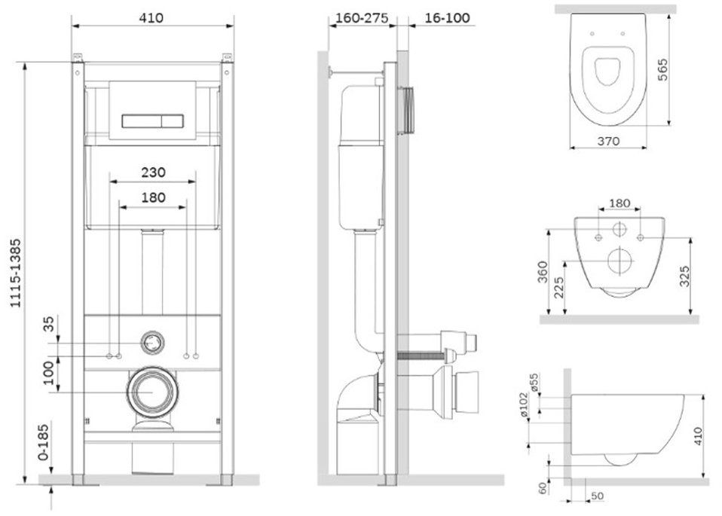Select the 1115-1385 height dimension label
[16, 273]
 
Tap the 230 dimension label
[153, 173]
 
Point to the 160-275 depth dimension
[362, 18]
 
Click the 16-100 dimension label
[447, 18]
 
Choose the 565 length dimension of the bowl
[662, 69]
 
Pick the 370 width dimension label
[608, 142]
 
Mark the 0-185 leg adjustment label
[43, 442]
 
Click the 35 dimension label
[49, 324]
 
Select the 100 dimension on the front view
[49, 373]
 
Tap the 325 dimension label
[685, 276]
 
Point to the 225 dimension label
[559, 288]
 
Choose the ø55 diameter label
[534, 383]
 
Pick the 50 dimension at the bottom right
[597, 496]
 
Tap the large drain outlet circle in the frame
[152, 392]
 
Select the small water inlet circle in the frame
[152, 343]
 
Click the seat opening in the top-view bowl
[607, 72]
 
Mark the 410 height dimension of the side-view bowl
[698, 436]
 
